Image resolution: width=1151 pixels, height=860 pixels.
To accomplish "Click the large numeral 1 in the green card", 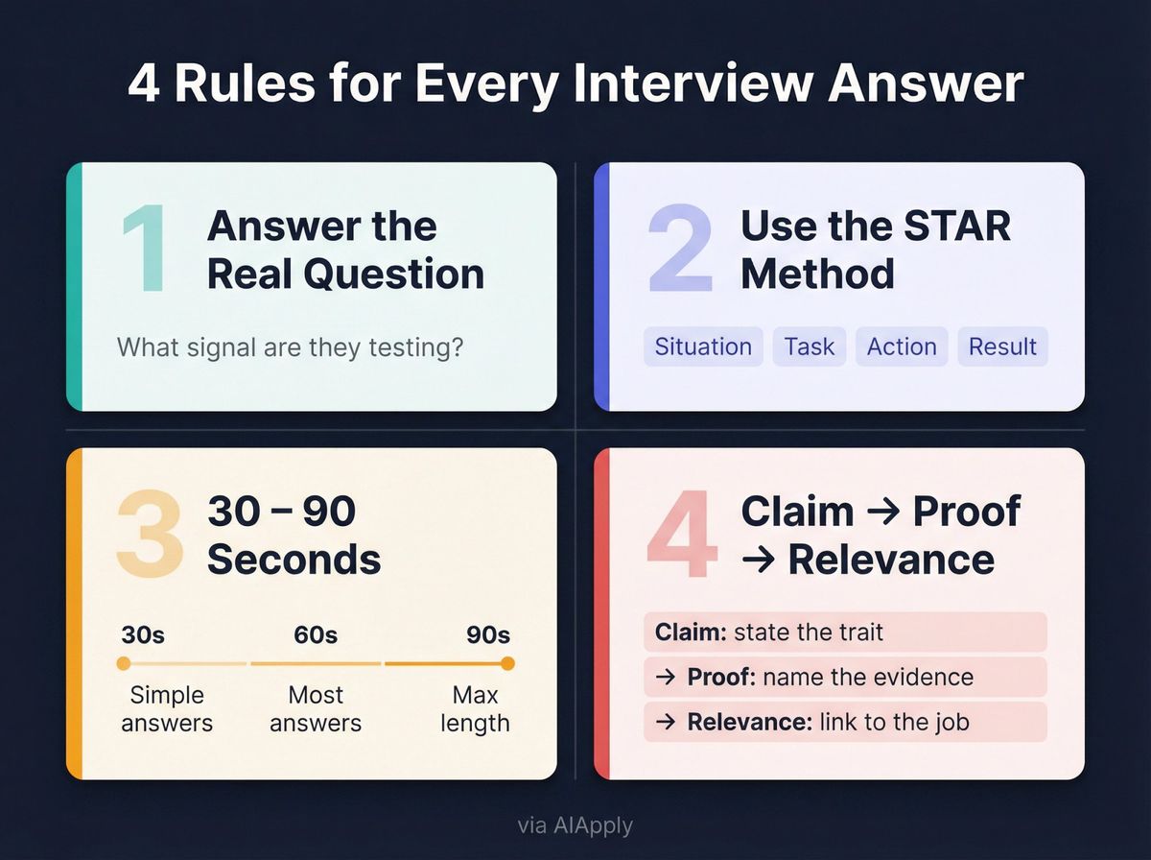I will click(x=144, y=251).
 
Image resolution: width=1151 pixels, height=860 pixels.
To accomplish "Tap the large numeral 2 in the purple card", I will click(x=680, y=251).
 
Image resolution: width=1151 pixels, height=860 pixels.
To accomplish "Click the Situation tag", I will click(x=703, y=346).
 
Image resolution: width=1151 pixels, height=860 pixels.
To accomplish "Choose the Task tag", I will click(x=810, y=346).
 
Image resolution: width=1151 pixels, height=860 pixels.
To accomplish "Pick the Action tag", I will click(x=902, y=346).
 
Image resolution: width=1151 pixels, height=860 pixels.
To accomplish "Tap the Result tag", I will click(x=1002, y=346).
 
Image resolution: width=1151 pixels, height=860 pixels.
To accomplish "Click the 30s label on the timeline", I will click(x=143, y=635).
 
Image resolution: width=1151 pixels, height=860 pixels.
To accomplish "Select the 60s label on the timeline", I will click(x=316, y=635).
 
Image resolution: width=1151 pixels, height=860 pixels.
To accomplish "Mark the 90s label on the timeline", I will click(x=488, y=635).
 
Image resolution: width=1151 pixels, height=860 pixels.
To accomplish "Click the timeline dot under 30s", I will click(x=123, y=663).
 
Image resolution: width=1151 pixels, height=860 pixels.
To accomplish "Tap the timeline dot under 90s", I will click(x=507, y=663).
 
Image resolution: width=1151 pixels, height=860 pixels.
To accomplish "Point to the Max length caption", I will click(x=475, y=708).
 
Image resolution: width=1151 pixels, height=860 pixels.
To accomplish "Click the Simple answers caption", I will click(x=167, y=708).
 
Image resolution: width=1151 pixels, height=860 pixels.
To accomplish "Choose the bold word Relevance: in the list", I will click(x=749, y=722).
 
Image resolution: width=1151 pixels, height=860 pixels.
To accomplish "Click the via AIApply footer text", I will click(x=575, y=825).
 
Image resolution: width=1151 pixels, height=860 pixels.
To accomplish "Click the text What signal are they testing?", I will click(x=290, y=346).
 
